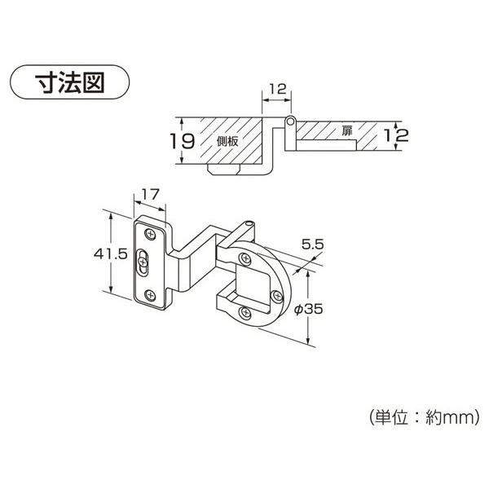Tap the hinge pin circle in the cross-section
289,121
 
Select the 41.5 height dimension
110,253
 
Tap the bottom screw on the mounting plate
150,293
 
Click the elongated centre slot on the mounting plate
144,263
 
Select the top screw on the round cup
244,258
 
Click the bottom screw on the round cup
245,311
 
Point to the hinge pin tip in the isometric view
248,222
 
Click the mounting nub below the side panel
227,170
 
